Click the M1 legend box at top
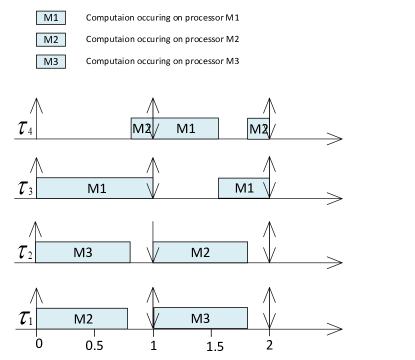[x=50, y=18]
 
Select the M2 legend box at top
[x=50, y=40]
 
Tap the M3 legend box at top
[x=50, y=62]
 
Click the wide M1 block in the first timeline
[x=186, y=129]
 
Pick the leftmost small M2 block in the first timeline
[x=141, y=129]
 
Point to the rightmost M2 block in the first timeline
[x=258, y=129]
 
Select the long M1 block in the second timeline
[x=94, y=188]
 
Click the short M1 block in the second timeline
[x=244, y=188]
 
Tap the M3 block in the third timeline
[x=83, y=253]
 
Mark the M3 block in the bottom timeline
[x=200, y=319]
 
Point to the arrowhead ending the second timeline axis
[x=338, y=199]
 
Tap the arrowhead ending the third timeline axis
[x=338, y=264]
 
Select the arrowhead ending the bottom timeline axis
[x=338, y=329]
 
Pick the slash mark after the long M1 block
[x=150, y=188]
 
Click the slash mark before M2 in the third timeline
[x=156, y=253]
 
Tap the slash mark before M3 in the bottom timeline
[x=156, y=319]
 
